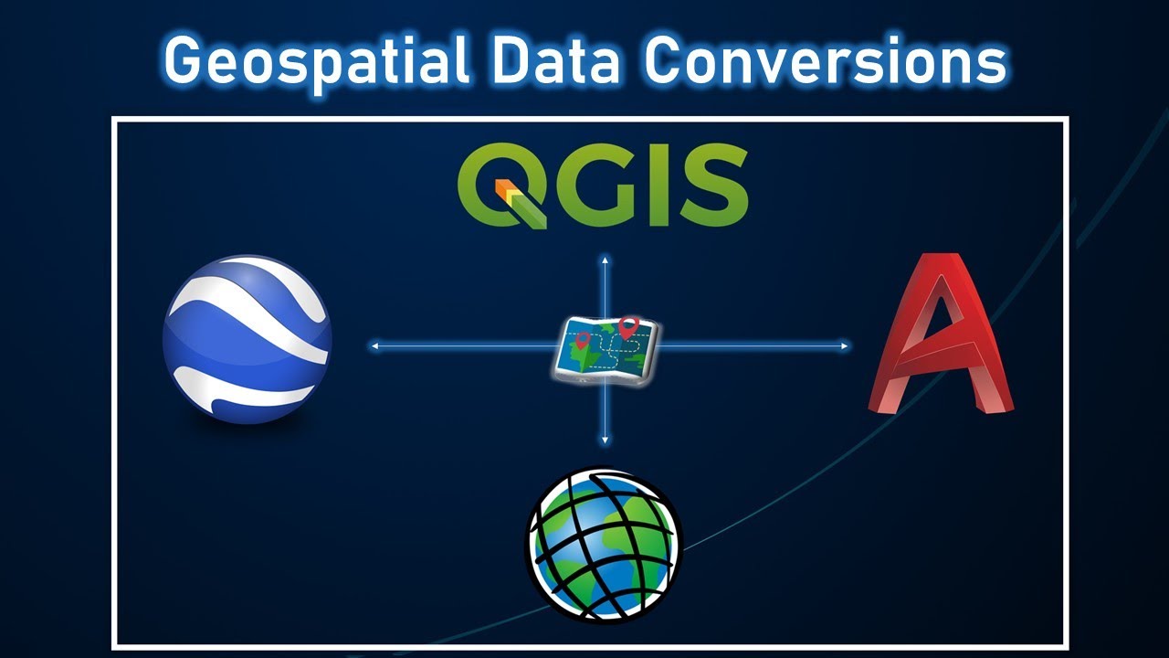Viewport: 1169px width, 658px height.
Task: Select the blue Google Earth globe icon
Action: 247,339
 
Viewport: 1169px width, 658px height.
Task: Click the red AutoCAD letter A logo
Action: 942,337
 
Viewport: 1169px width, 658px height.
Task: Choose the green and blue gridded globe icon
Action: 604,545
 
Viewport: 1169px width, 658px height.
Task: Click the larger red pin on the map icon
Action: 627,325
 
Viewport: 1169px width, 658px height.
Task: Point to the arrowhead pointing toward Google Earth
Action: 374,346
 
